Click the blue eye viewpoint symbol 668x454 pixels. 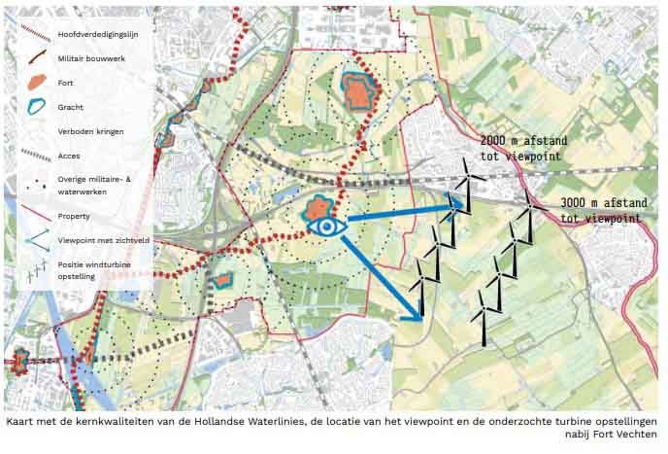tap(326, 227)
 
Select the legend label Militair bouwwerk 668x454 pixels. tap(91, 59)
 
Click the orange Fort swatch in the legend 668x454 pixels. tap(35, 83)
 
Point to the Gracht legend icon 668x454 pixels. tap(35, 107)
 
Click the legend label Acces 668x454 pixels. tap(69, 156)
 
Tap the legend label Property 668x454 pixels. tap(75, 215)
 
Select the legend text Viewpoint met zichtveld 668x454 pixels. tap(103, 239)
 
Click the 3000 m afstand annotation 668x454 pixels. tap(602, 210)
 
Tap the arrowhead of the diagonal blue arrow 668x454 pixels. tap(417, 315)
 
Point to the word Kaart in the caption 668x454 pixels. tap(21, 422)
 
